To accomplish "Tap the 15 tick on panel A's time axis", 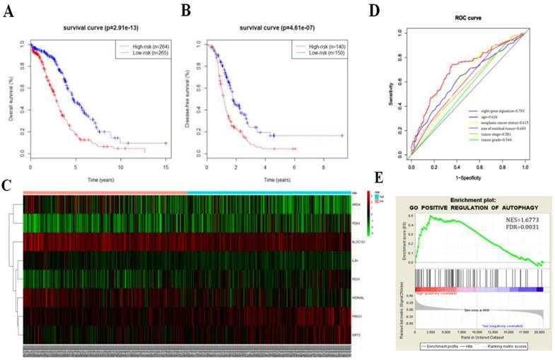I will tap(166, 165).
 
